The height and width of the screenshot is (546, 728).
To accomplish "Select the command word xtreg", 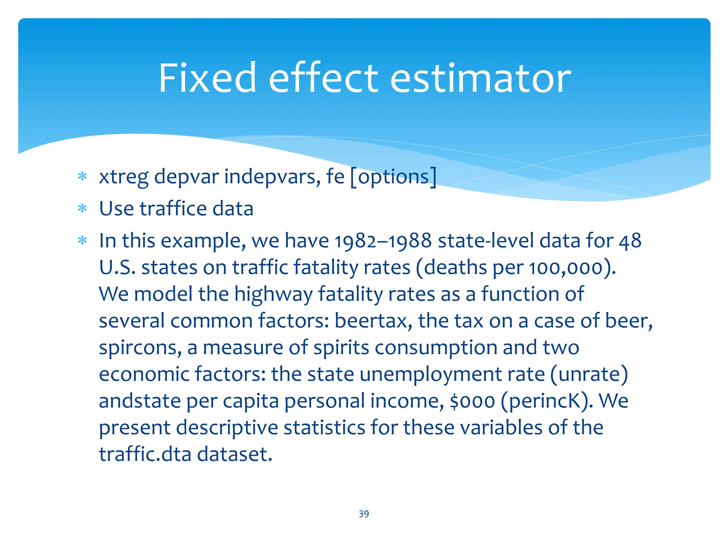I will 124,177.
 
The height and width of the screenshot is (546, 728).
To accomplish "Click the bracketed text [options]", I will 393,177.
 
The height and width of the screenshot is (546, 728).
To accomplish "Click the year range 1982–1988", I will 383,241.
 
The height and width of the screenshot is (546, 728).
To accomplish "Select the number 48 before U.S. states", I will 630,241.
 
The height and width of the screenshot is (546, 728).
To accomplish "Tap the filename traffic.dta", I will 145,454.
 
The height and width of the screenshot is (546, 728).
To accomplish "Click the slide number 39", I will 364,514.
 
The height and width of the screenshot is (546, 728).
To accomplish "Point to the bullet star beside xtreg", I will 82,177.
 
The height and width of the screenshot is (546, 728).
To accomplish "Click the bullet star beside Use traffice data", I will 82,209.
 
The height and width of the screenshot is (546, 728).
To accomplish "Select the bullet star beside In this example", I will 82,241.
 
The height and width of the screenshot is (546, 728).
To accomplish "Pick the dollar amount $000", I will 472,401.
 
